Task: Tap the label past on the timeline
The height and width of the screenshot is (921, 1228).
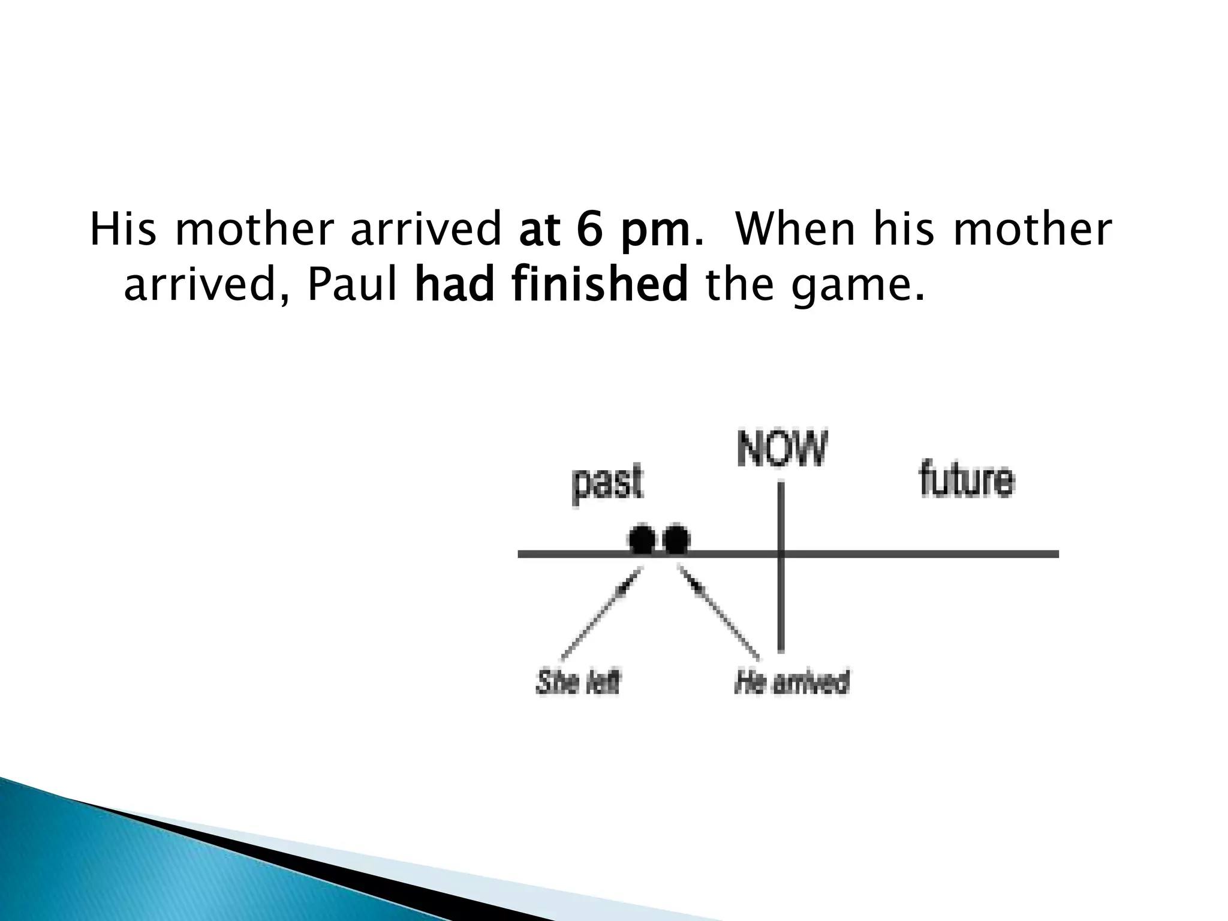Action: click(x=607, y=483)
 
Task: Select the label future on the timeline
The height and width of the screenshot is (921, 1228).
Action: click(x=967, y=480)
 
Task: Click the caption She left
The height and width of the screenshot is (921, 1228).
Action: click(x=578, y=682)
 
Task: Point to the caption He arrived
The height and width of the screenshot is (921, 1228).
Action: click(x=791, y=682)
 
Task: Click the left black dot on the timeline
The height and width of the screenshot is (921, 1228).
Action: click(x=642, y=539)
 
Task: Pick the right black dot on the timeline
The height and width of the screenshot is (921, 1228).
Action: click(x=677, y=539)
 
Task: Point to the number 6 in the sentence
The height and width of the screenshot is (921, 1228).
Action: click(x=588, y=230)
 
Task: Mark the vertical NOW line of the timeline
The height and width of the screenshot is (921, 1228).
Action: click(x=781, y=600)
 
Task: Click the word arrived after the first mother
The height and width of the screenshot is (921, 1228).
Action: click(x=425, y=230)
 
